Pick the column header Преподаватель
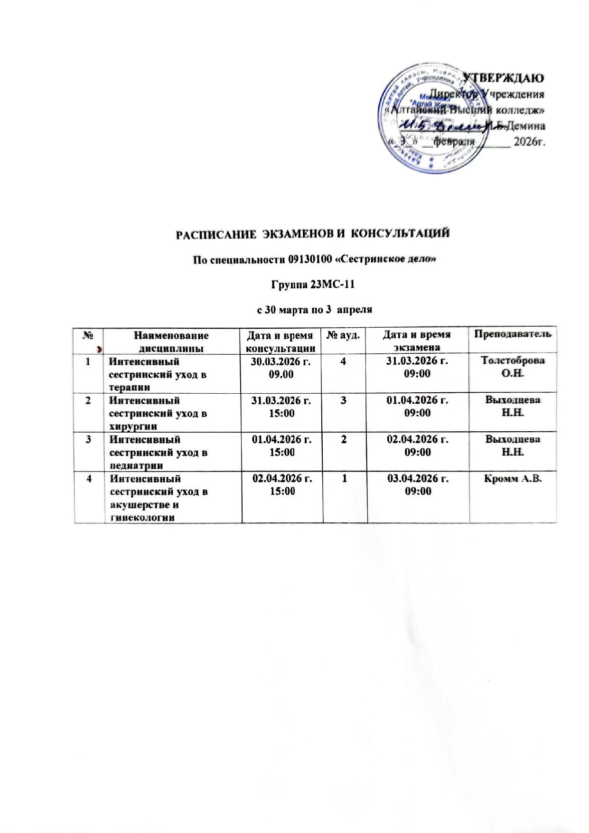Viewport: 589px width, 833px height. pyautogui.click(x=512, y=334)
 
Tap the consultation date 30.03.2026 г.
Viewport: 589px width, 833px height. pyautogui.click(x=282, y=361)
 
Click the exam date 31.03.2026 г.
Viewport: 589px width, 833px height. pyautogui.click(x=417, y=361)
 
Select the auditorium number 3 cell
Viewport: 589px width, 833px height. pyautogui.click(x=345, y=400)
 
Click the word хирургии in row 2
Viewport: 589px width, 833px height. pyautogui.click(x=133, y=426)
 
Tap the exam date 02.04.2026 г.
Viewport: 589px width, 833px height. pyautogui.click(x=418, y=439)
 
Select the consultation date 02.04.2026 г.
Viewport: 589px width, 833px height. pyautogui.click(x=282, y=478)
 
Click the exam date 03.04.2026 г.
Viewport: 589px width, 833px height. pyautogui.click(x=418, y=478)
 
